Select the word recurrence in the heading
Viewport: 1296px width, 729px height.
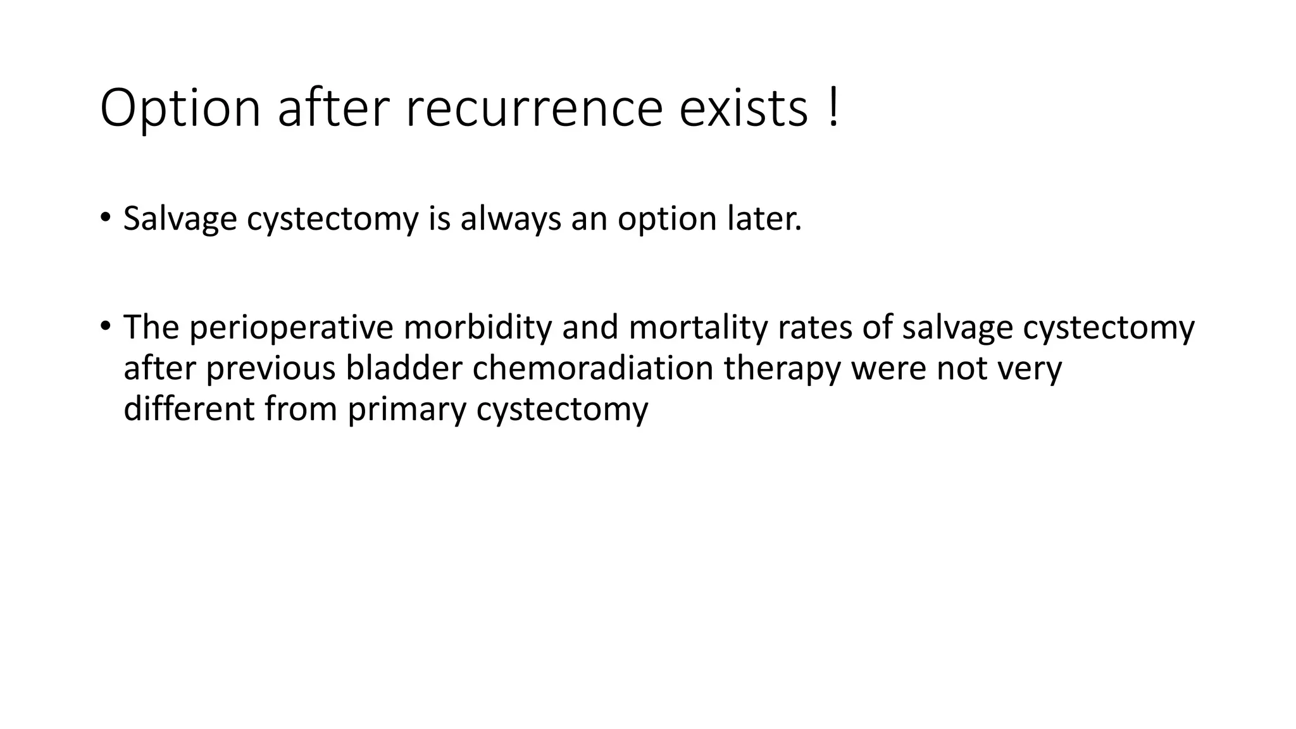click(x=533, y=109)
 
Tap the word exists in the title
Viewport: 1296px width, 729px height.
click(x=744, y=109)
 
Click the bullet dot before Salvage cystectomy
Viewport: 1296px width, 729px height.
click(x=105, y=218)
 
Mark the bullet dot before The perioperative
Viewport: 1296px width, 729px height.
click(x=105, y=327)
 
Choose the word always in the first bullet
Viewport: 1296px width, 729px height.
click(x=510, y=219)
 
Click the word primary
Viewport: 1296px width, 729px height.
click(x=406, y=409)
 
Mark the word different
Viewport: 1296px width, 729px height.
click(x=189, y=409)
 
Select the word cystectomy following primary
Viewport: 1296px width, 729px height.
click(x=562, y=409)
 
